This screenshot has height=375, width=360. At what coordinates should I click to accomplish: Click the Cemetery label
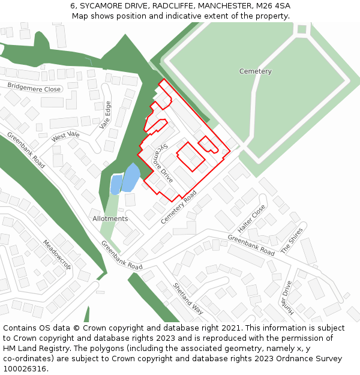point(255,71)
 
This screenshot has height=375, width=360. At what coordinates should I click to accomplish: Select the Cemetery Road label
point(179,208)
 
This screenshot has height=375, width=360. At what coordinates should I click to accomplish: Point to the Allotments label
point(110,218)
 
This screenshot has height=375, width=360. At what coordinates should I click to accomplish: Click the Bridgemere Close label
point(34,88)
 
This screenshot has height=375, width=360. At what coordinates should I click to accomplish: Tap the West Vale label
point(65,136)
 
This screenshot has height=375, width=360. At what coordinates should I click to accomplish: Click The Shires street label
point(292,239)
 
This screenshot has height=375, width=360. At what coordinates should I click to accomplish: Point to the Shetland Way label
point(188,298)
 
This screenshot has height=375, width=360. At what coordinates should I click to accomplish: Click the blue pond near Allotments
point(130,178)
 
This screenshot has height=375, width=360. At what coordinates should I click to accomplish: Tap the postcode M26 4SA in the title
point(272,5)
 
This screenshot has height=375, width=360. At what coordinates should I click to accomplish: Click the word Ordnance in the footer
point(293,359)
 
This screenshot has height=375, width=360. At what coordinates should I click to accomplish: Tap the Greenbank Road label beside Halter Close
point(251,245)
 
